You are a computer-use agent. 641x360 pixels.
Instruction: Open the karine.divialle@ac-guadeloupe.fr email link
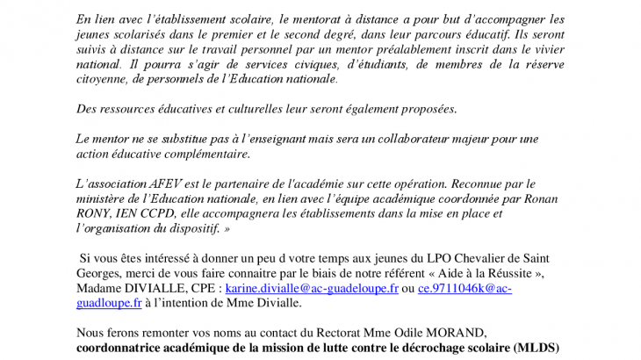click(312, 288)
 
